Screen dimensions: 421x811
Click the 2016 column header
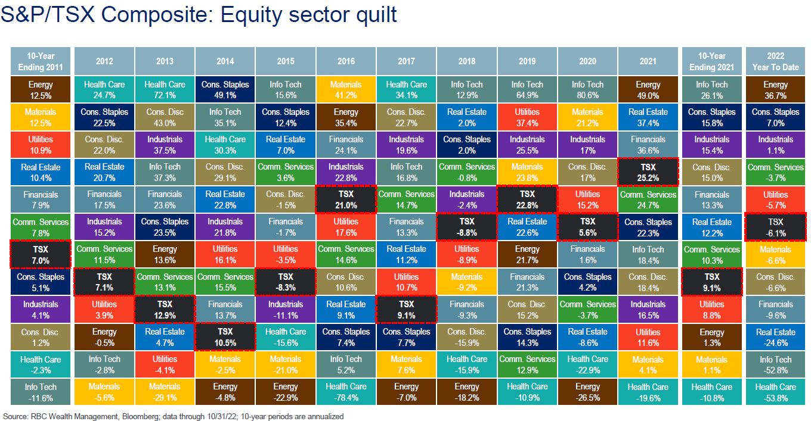point(346,61)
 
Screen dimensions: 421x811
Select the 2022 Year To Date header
point(775,61)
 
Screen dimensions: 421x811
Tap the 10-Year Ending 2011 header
point(41,61)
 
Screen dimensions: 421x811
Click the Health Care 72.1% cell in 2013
point(165,89)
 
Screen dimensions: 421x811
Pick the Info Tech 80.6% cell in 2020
point(587,89)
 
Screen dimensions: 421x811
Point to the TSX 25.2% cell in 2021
point(648,171)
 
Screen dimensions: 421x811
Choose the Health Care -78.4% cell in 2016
point(346,392)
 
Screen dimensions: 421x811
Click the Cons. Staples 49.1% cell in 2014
point(225,89)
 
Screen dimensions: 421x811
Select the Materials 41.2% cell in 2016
point(346,89)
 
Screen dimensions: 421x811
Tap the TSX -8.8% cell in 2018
point(466,227)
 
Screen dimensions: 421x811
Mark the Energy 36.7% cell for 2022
point(775,89)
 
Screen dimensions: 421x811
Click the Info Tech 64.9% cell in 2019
point(527,89)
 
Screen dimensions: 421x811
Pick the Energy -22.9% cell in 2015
point(286,392)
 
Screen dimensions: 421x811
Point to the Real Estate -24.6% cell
point(775,337)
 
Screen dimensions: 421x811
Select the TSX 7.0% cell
point(41,254)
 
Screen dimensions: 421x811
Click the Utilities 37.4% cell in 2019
point(527,117)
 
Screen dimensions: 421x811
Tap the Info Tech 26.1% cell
point(711,89)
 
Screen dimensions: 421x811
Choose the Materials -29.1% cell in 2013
point(165,392)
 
